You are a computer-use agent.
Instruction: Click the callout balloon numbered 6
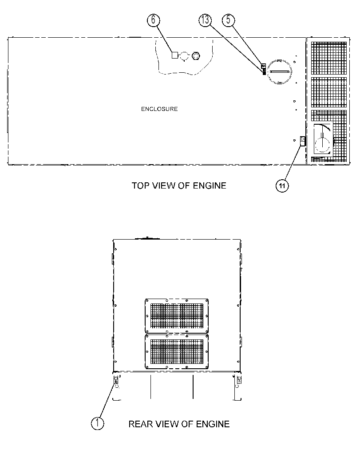click(153, 20)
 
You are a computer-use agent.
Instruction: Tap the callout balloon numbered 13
click(205, 20)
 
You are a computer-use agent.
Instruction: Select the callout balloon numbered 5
click(228, 20)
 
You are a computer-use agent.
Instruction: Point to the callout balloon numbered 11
click(282, 186)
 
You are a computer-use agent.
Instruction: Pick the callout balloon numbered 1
click(97, 424)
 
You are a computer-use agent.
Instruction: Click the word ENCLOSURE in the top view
click(159, 109)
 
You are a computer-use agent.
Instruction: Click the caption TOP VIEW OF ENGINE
click(179, 185)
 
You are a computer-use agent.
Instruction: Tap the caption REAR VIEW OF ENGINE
click(179, 424)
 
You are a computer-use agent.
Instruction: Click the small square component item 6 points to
click(175, 55)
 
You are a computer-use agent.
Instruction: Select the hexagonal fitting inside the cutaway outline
click(196, 55)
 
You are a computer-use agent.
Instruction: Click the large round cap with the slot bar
click(279, 72)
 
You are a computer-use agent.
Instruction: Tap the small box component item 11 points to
click(303, 141)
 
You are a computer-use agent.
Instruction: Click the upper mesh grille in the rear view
click(177, 316)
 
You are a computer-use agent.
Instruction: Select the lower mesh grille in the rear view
click(177, 352)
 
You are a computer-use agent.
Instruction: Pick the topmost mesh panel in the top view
click(329, 58)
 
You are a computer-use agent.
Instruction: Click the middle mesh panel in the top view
click(329, 92)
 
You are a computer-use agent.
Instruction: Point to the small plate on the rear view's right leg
click(239, 380)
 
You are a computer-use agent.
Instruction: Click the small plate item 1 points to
click(115, 380)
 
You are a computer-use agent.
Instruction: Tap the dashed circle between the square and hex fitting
click(185, 55)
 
